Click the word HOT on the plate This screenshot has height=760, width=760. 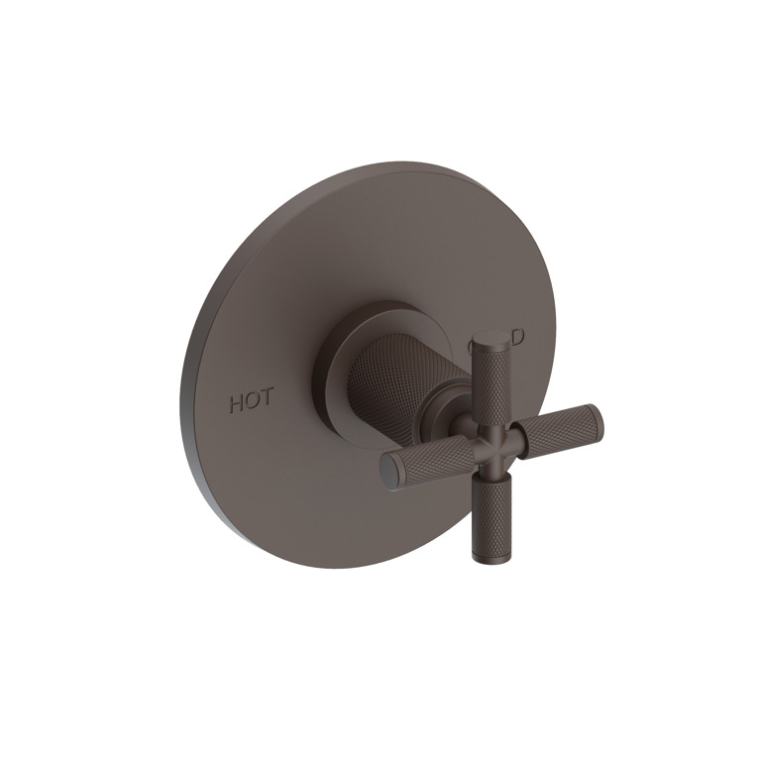(x=252, y=403)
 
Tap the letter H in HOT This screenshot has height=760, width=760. (x=238, y=403)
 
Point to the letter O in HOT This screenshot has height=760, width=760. (x=253, y=403)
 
